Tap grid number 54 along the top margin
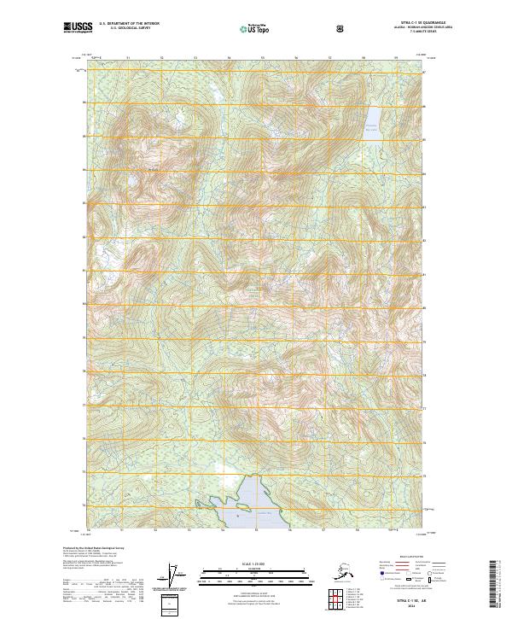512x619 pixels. pos(229,58)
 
